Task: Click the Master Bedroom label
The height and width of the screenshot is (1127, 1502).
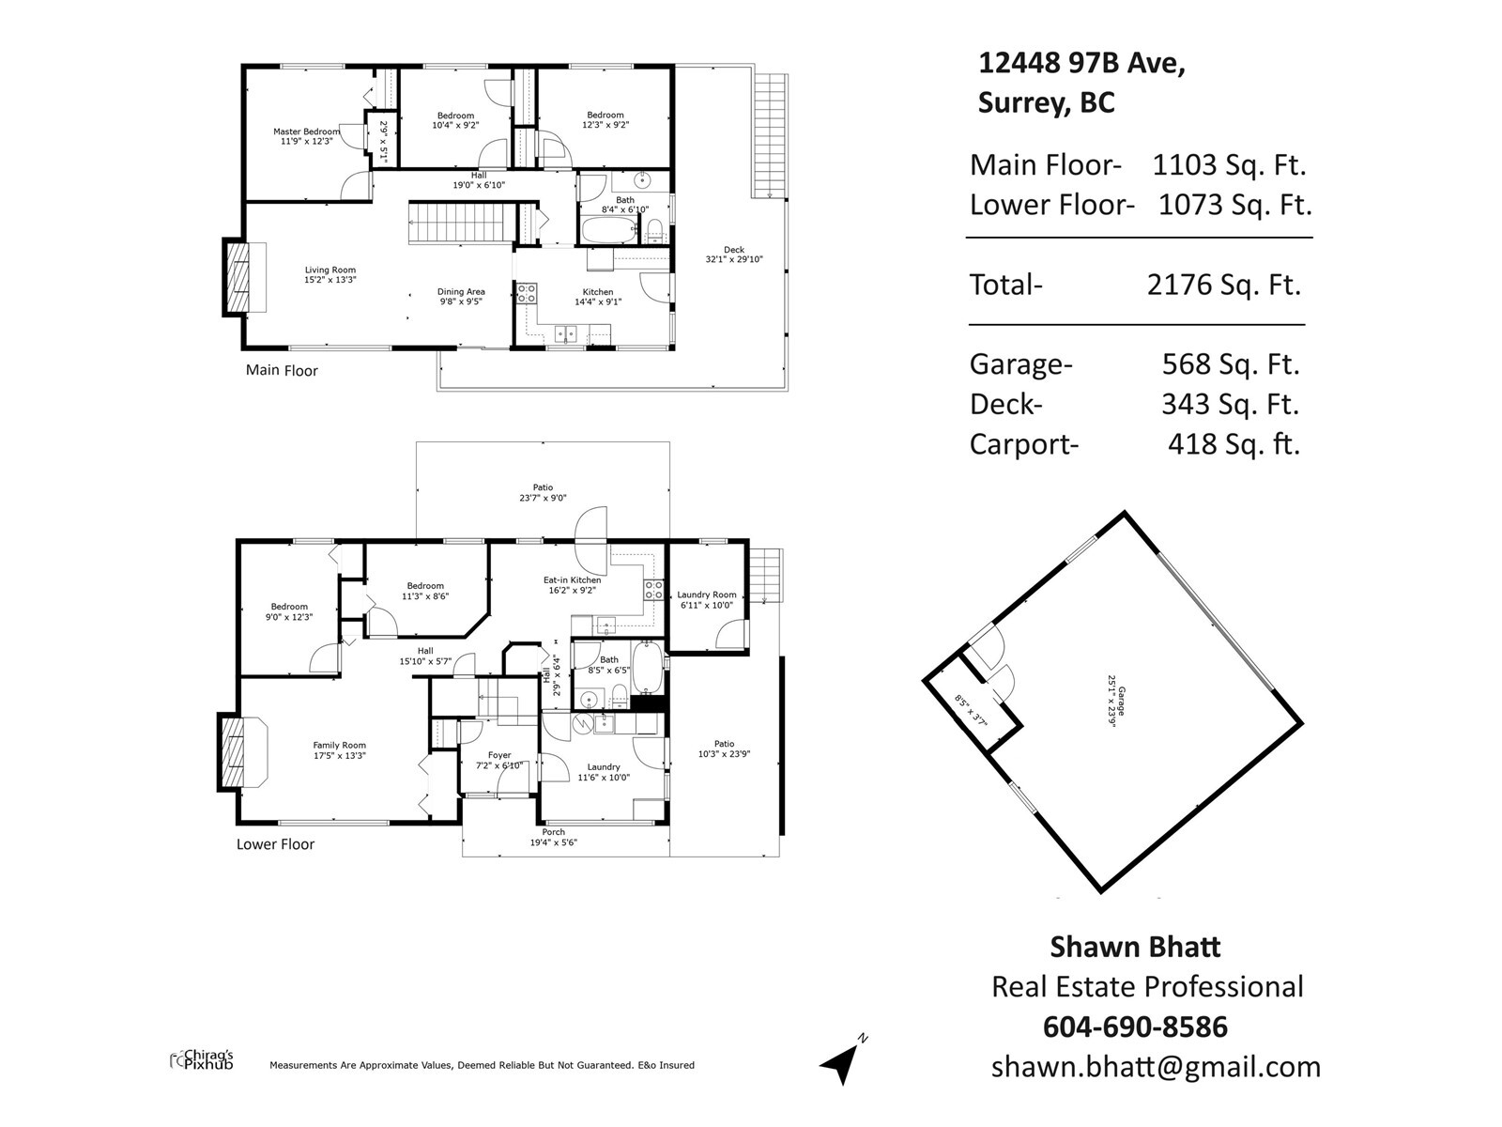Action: pos(307,131)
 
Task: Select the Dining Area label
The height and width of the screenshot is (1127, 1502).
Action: pos(461,291)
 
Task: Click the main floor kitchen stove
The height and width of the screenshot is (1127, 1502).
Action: pos(527,294)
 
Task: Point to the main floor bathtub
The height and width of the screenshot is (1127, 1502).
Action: pos(609,229)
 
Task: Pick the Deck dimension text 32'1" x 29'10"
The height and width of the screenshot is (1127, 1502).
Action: pos(734,259)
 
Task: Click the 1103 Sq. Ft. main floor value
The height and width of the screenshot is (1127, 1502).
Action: pos(1229,165)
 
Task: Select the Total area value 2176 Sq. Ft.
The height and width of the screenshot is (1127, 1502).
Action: pos(1224,285)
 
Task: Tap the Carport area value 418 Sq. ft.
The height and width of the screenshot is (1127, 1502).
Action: pos(1234,444)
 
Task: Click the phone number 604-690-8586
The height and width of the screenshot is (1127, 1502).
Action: pos(1135,1027)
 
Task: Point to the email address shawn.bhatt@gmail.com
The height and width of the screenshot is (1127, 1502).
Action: pos(1156,1067)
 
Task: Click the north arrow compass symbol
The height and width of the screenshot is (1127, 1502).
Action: pos(843,1059)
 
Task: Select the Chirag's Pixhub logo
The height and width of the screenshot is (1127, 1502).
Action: pos(202,1060)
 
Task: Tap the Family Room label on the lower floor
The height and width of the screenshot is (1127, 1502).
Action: pos(340,745)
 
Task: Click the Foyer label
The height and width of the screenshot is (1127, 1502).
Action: pos(499,755)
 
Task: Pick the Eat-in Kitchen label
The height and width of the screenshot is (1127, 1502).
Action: pos(572,580)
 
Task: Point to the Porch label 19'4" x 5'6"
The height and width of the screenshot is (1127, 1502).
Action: pos(554,838)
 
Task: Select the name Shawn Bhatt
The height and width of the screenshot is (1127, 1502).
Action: pos(1135,947)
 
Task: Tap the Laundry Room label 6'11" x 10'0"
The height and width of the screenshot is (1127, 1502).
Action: pos(707,600)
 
